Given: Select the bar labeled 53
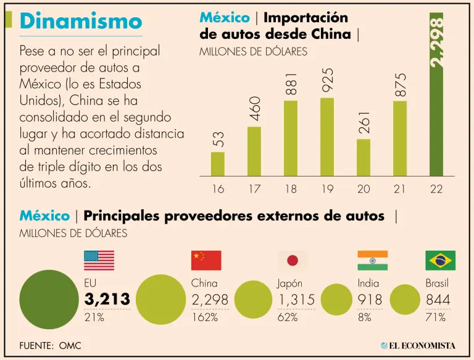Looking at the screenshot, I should tap(218, 164).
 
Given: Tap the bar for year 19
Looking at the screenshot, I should tap(327, 136).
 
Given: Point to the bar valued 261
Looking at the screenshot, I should tap(364, 157).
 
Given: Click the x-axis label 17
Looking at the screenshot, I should tap(254, 189).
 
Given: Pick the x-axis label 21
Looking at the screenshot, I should tap(400, 189).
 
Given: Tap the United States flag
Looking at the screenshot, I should tap(99, 261).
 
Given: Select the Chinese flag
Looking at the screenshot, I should tap(206, 261).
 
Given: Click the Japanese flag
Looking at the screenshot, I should tap(293, 261).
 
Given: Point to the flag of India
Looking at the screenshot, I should tap(373, 261).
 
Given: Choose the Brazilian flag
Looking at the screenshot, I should tap(441, 261).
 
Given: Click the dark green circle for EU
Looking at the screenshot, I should tap(49, 299).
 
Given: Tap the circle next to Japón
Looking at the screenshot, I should tap(254, 301).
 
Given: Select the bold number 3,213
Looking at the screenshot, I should tap(107, 300).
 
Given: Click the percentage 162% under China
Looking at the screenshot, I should tap(204, 318).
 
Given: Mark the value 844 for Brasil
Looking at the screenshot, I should tap(438, 300).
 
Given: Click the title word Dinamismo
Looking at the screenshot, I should tap(81, 21).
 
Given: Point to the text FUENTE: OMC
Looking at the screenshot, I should tap(50, 345).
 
